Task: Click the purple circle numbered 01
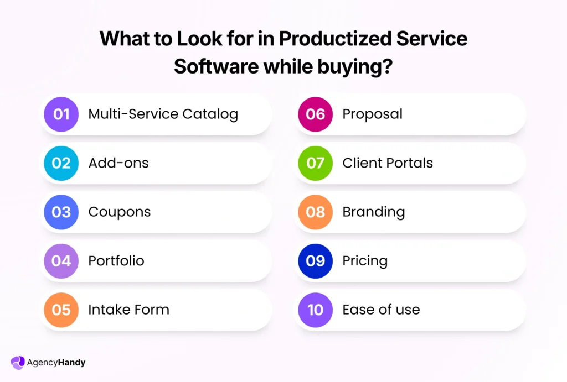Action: tap(61, 114)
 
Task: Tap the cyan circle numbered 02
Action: tap(61, 163)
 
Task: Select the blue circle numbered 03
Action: tap(61, 212)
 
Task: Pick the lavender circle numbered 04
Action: tap(61, 261)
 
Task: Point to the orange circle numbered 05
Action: tap(61, 310)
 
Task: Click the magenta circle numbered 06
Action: tap(315, 114)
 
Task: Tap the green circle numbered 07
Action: tap(315, 163)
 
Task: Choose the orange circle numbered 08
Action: tap(315, 212)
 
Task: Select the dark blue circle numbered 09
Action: tap(315, 261)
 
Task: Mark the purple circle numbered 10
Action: tap(315, 310)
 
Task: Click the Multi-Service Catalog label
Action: tap(163, 114)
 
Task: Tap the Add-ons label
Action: tap(118, 163)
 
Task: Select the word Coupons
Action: tap(119, 212)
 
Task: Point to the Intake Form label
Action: tap(128, 310)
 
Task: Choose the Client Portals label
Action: tap(388, 163)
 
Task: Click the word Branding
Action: tap(373, 212)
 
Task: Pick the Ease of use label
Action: tap(381, 310)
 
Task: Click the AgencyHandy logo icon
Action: tap(18, 363)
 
